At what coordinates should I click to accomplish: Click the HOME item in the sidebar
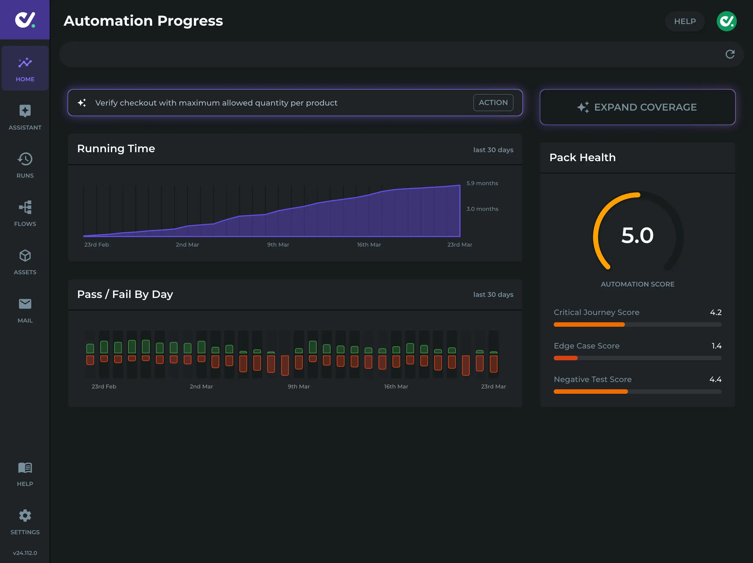coord(25,68)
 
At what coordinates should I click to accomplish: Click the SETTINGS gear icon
coord(25,516)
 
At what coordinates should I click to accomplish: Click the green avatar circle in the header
coord(726,21)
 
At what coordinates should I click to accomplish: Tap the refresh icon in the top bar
coord(730,54)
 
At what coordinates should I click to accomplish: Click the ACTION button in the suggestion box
coord(493,102)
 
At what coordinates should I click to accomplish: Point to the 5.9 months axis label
coord(482,183)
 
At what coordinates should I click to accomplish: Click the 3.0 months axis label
coord(482,209)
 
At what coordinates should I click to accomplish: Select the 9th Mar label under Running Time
coord(278,245)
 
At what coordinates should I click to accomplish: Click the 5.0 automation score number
coord(637,235)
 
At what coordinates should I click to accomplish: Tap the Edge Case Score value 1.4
coord(716,346)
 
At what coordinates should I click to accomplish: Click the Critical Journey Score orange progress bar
coord(589,325)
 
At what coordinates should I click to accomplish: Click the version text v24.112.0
coord(25,553)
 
